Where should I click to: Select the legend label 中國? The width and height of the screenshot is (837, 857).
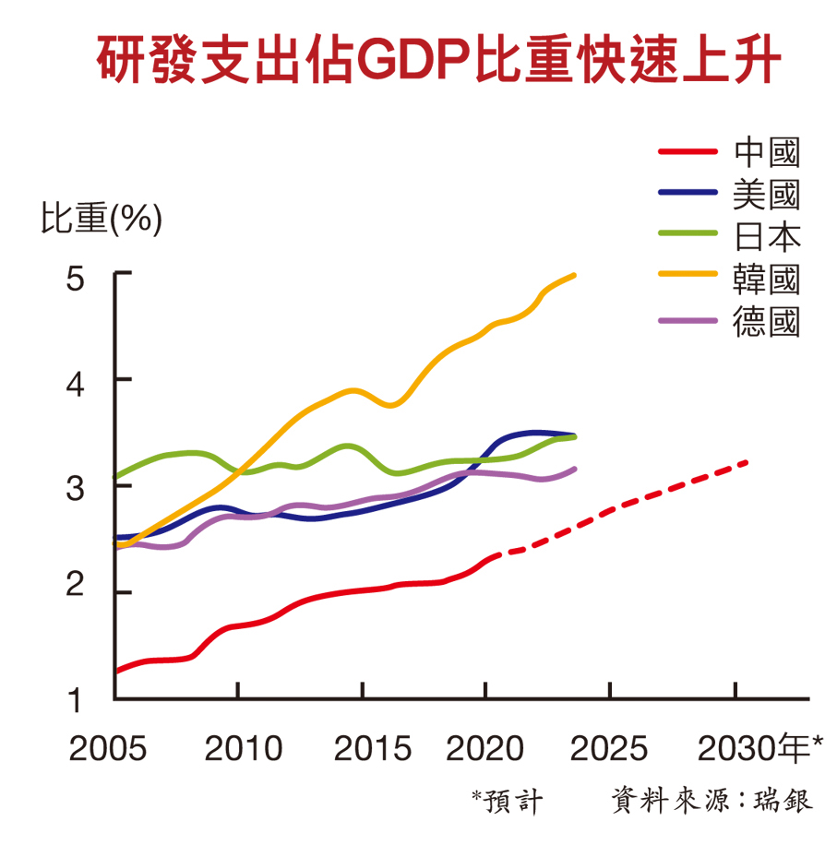click(x=766, y=152)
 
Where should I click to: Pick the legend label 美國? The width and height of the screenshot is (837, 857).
click(x=766, y=195)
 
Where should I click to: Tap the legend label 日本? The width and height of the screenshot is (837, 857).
click(x=766, y=237)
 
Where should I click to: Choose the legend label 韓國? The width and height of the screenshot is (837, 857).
click(x=766, y=280)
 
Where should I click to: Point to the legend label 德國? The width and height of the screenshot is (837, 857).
click(x=766, y=322)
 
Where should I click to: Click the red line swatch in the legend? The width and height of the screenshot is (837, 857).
click(x=688, y=152)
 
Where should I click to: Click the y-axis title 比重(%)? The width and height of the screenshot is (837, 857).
click(x=102, y=220)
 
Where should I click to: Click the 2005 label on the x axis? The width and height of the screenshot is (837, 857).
click(x=108, y=748)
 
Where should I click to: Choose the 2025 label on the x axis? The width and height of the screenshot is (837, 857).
click(x=609, y=748)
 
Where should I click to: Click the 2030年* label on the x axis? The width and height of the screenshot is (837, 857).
click(x=759, y=748)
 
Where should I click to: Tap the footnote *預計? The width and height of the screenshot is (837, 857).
click(x=508, y=800)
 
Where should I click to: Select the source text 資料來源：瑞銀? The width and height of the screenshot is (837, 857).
click(x=711, y=800)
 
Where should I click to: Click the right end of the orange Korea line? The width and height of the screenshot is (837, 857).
click(x=574, y=275)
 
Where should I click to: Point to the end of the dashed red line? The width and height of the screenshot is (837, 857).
click(x=746, y=461)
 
